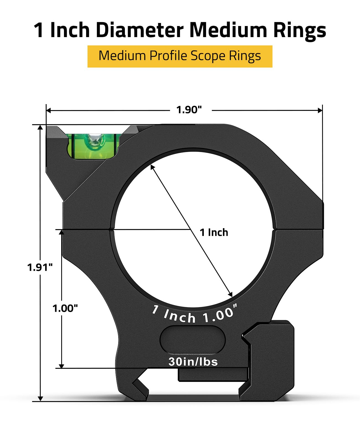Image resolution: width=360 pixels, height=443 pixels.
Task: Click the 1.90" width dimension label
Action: [189, 110]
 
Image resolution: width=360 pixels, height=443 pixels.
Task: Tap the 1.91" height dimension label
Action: [40, 267]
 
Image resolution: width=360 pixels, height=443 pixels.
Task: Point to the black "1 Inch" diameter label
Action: [214, 232]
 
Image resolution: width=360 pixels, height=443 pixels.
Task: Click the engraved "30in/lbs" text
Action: [193, 362]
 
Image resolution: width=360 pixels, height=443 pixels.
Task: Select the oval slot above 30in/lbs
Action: [192, 340]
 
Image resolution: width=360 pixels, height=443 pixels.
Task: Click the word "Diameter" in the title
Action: [140, 30]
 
